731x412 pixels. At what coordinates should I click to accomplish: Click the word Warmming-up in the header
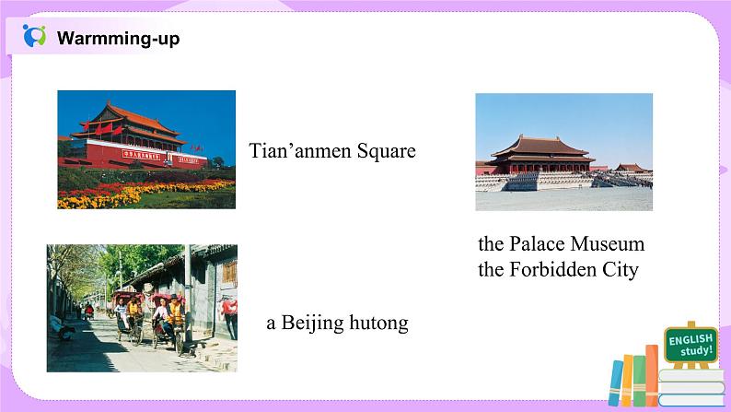coord(118,39)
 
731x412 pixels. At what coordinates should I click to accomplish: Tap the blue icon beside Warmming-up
coord(34,37)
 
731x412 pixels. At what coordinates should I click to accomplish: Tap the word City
coord(620,271)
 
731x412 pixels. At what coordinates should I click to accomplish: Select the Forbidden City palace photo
coord(563,151)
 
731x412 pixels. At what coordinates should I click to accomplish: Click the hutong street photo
coord(142,300)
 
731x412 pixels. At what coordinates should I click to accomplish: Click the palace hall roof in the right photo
coord(538,146)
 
